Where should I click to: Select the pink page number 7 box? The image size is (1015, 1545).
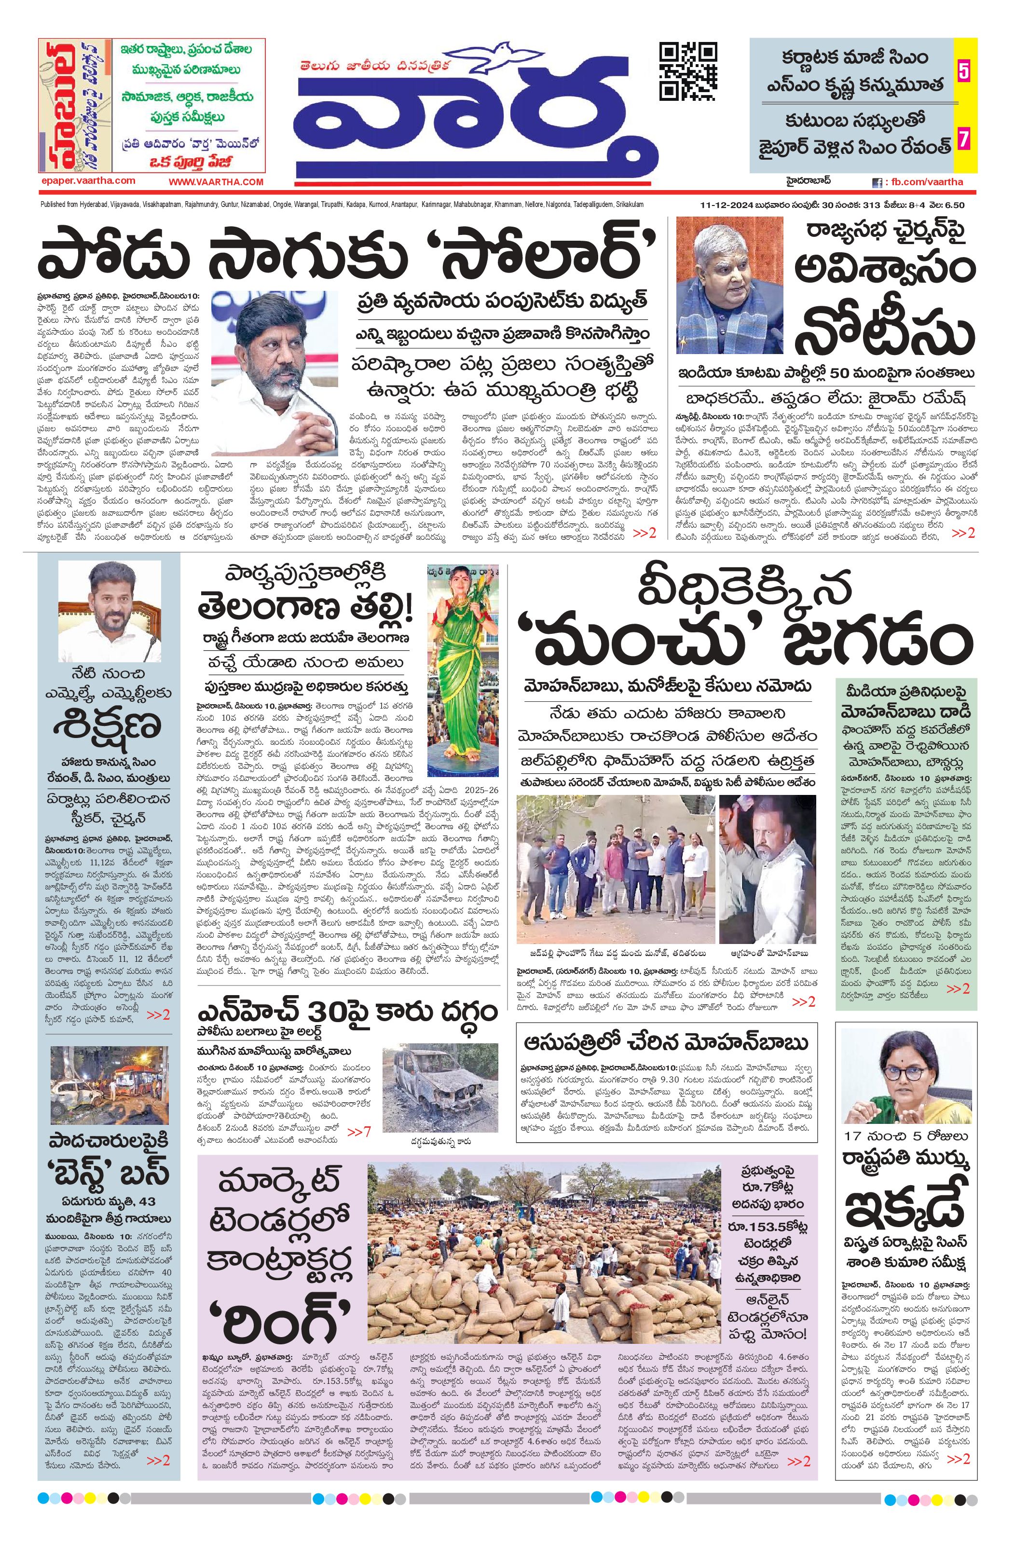pyautogui.click(x=963, y=139)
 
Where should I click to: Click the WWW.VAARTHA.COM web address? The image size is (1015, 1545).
pyautogui.click(x=216, y=182)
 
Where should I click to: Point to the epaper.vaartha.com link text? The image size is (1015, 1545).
pyautogui.click(x=87, y=181)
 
